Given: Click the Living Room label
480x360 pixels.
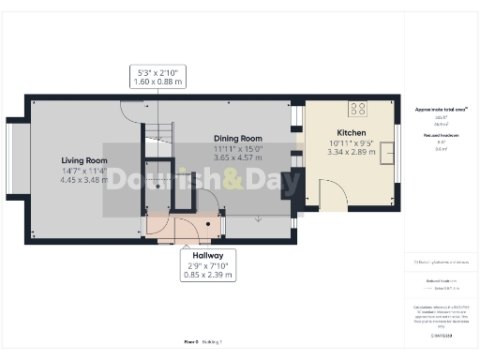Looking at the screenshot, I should [x=84, y=160].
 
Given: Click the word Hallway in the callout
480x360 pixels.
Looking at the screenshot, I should [x=207, y=255].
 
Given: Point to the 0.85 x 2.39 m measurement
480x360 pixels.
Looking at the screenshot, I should [x=207, y=276].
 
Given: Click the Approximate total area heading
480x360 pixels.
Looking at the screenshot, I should [x=441, y=110].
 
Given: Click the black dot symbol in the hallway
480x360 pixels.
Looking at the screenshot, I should [x=221, y=214].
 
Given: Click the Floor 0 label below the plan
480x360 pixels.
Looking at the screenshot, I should [x=191, y=341].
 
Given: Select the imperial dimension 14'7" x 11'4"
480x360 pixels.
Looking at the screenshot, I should [x=84, y=171].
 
